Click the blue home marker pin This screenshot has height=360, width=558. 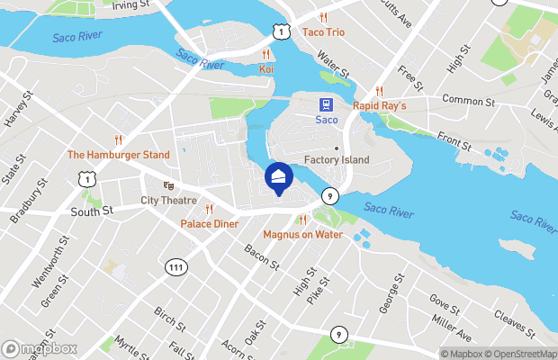tap(279, 177)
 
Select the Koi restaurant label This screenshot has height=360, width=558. tap(265, 68)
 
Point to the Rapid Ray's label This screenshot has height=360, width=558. tap(380, 105)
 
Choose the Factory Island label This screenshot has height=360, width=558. tap(337, 160)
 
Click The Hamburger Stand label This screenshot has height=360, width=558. tap(119, 154)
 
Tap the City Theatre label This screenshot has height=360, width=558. tap(168, 200)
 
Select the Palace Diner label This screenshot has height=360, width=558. tap(209, 222)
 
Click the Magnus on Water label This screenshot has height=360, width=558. tap(303, 234)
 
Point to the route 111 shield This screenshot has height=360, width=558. tap(176, 265)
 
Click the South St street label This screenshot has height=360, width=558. tap(92, 211)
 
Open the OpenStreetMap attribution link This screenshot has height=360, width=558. tap(523, 354)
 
